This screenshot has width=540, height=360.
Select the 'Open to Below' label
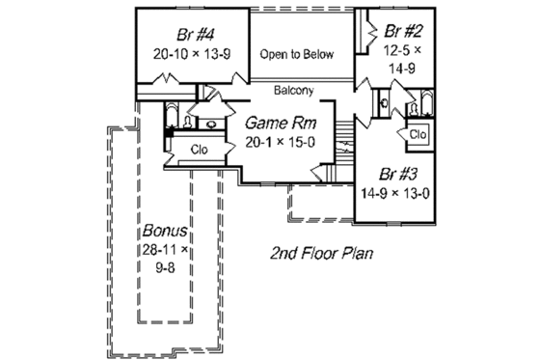(298, 54)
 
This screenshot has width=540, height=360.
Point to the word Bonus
(165, 233)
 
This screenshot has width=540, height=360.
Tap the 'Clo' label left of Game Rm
(199, 149)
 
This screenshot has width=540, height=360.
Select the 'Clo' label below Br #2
(418, 135)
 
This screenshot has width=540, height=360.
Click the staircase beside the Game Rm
(342, 146)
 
